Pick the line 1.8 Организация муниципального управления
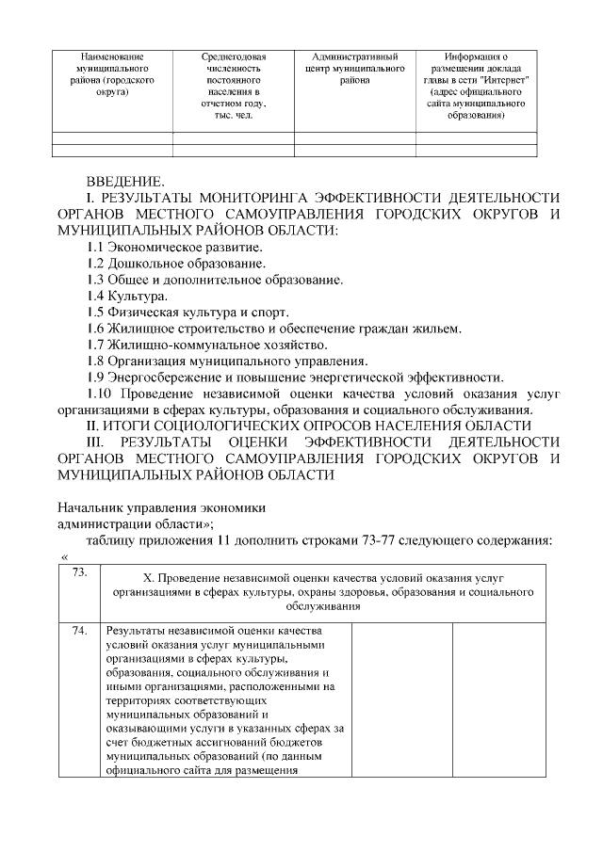click(226, 361)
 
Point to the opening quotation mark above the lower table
click(64, 557)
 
